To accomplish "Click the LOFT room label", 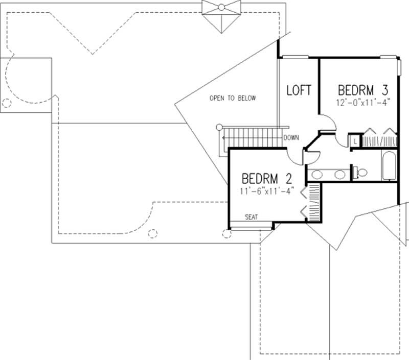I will click(x=299, y=90).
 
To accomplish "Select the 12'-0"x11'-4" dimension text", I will click(x=363, y=102).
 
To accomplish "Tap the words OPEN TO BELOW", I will click(x=232, y=98).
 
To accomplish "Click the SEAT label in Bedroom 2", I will click(x=251, y=217).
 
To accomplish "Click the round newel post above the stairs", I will click(x=219, y=127).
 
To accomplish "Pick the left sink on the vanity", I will click(x=317, y=175).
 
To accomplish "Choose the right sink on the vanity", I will click(x=339, y=175).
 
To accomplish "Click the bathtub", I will click(x=389, y=165).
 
